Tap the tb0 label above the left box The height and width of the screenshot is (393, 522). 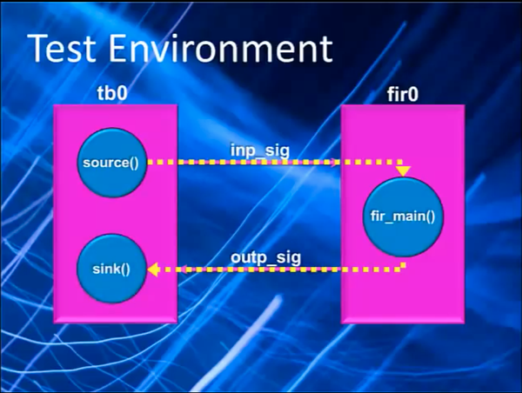click(112, 93)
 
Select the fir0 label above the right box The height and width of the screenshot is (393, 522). click(402, 94)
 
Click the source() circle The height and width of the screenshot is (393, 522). click(112, 163)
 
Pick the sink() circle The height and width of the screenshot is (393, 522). click(112, 269)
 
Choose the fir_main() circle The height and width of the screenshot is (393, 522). click(403, 217)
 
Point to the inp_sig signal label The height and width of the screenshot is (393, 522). click(260, 150)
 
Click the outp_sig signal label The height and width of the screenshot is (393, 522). click(265, 258)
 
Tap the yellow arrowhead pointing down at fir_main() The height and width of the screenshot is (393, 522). click(403, 171)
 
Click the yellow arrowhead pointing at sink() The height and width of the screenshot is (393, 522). click(153, 270)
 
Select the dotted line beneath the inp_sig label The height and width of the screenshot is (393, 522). click(275, 162)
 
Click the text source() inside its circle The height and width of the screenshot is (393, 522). click(110, 163)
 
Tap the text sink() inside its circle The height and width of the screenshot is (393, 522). click(111, 270)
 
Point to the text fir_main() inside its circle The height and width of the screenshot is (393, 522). click(403, 216)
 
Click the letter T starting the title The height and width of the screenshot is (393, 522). click(39, 48)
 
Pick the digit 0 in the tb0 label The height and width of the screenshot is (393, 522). click(122, 93)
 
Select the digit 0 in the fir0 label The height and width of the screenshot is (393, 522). click(412, 95)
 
